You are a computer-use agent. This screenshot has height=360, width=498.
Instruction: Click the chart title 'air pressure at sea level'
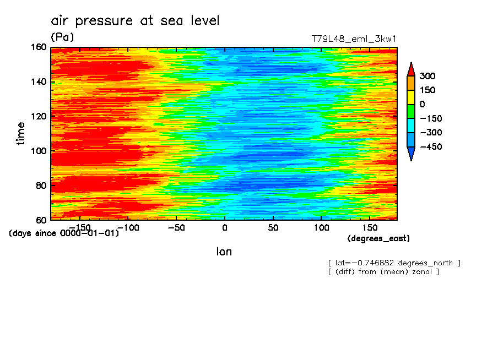pyautogui.click(x=135, y=21)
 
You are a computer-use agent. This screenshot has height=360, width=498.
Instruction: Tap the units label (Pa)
pyautogui.click(x=62, y=37)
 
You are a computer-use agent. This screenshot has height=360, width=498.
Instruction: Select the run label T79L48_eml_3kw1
pyautogui.click(x=354, y=39)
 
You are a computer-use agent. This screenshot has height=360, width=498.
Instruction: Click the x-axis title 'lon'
pyautogui.click(x=224, y=252)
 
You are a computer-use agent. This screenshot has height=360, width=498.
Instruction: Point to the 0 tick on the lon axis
pyautogui.click(x=224, y=227)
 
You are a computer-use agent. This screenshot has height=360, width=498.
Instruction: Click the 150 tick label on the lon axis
pyautogui.click(x=370, y=227)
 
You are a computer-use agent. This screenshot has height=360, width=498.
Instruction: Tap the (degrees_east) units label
pyautogui.click(x=378, y=238)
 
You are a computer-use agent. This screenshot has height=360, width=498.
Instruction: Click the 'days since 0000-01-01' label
pyautogui.click(x=64, y=233)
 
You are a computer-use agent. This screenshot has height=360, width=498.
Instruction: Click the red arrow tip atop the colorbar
pyautogui.click(x=411, y=68)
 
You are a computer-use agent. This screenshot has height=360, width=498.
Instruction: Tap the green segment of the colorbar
pyautogui.click(x=411, y=111)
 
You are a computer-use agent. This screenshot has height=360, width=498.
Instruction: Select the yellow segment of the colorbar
pyautogui.click(x=411, y=97)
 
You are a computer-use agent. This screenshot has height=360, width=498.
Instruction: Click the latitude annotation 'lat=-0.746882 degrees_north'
pyautogui.click(x=394, y=263)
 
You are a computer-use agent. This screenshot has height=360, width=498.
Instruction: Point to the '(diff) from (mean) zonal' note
pyautogui.click(x=383, y=271)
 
